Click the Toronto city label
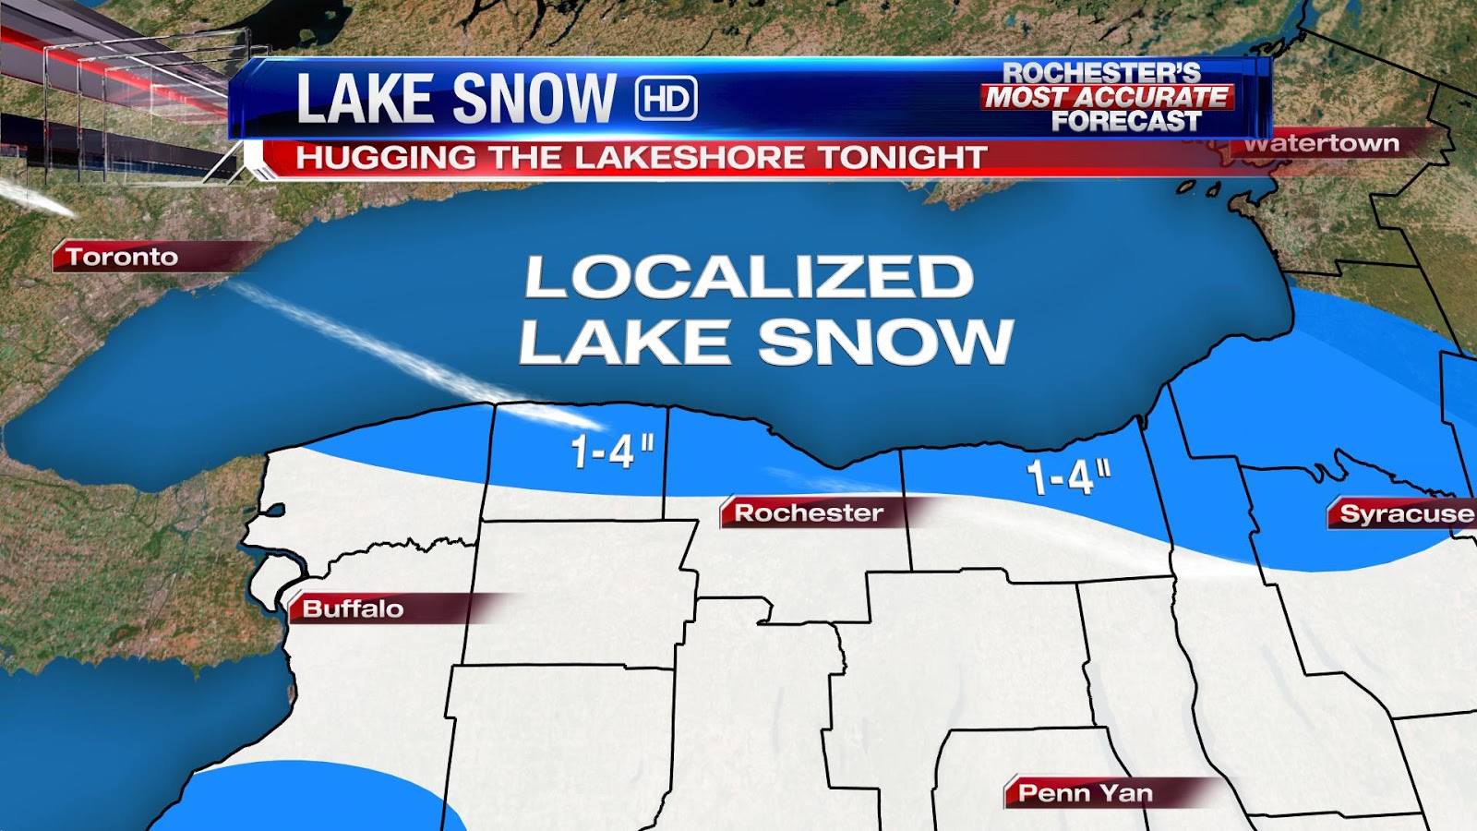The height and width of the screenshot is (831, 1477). [x=122, y=257]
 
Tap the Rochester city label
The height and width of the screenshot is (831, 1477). [x=809, y=512]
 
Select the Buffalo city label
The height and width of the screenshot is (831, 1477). [x=353, y=608]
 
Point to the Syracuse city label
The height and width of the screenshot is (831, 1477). [x=1406, y=513]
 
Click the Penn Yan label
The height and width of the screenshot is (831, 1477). [x=1085, y=793]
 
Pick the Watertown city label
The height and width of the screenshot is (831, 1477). [x=1321, y=144]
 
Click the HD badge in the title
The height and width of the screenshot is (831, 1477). [x=666, y=99]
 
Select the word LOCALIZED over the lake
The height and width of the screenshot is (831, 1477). [x=749, y=277]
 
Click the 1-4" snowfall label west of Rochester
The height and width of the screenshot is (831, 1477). [x=612, y=452]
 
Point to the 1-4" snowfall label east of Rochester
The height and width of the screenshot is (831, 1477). [x=1068, y=476]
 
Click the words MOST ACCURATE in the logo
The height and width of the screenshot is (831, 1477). [x=1107, y=97]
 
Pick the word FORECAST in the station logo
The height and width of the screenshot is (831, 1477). [x=1126, y=121]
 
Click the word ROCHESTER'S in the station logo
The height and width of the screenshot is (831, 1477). [x=1101, y=73]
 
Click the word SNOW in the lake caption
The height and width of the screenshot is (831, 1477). [x=886, y=342]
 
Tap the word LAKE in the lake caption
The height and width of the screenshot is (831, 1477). [x=625, y=342]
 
